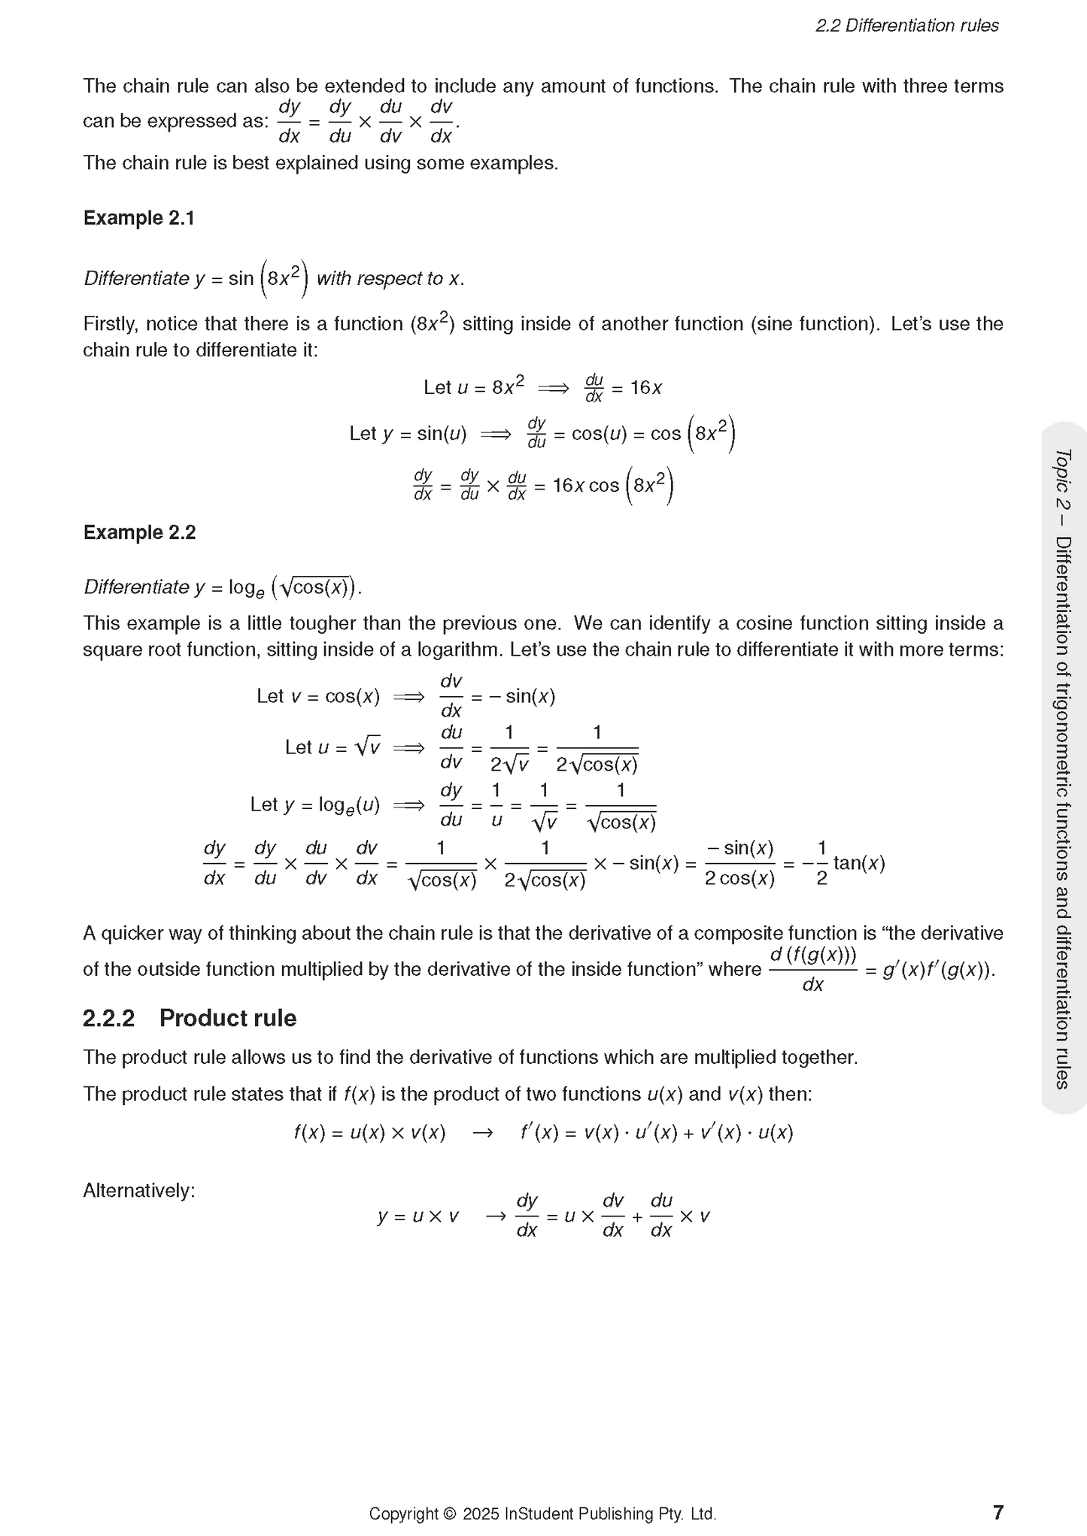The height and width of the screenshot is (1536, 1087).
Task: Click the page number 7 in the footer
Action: coord(998,1512)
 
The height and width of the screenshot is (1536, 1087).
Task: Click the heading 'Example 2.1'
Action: coord(139,218)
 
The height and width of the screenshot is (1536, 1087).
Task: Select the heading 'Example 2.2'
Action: coord(139,532)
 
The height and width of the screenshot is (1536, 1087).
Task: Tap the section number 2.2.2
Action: coord(108,1018)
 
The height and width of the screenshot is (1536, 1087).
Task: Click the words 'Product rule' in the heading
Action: coord(228,1018)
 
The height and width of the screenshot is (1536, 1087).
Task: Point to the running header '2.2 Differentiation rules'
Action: coord(906,26)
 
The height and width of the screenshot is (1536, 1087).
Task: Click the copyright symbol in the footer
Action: coord(450,1513)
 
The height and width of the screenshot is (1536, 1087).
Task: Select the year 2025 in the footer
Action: coord(481,1513)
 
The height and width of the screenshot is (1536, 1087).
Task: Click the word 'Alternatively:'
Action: coord(139,1190)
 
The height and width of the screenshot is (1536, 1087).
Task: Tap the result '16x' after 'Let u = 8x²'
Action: coord(646,388)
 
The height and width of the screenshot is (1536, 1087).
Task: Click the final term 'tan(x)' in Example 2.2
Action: coord(859,863)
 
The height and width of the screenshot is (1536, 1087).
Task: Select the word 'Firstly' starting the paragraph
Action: coord(109,324)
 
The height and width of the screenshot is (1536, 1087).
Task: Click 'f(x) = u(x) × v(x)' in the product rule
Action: coord(369,1132)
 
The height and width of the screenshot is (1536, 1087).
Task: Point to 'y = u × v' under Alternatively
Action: coord(417,1216)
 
